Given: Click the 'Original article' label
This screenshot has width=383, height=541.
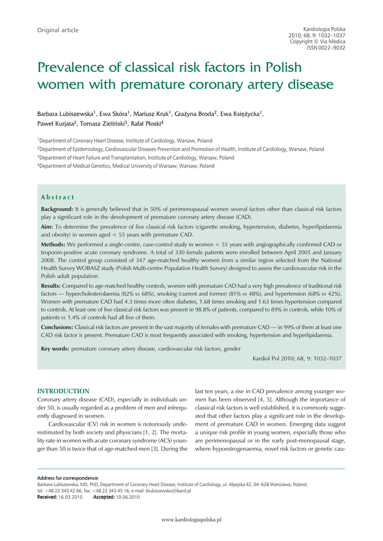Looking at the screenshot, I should click(58, 30).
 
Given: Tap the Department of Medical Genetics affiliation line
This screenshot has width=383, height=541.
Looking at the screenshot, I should click(126, 166).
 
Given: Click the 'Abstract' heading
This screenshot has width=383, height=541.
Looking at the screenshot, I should click(58, 197).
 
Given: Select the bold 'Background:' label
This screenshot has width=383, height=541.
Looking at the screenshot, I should click(57, 209).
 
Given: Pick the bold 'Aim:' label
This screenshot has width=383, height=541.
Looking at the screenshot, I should click(47, 227).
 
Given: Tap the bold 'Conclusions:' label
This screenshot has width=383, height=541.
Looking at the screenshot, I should click(57, 328).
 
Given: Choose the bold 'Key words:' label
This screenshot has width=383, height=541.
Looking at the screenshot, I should click(56, 349).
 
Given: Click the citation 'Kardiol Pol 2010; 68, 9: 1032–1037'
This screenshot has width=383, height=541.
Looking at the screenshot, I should click(297, 359).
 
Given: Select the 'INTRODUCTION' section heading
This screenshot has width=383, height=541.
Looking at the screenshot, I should click(63, 391).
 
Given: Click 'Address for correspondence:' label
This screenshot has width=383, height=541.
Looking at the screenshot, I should click(68, 478).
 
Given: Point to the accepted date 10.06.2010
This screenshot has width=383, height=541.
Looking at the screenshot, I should click(127, 497).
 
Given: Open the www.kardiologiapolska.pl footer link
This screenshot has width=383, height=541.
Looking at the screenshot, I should click(191, 520).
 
